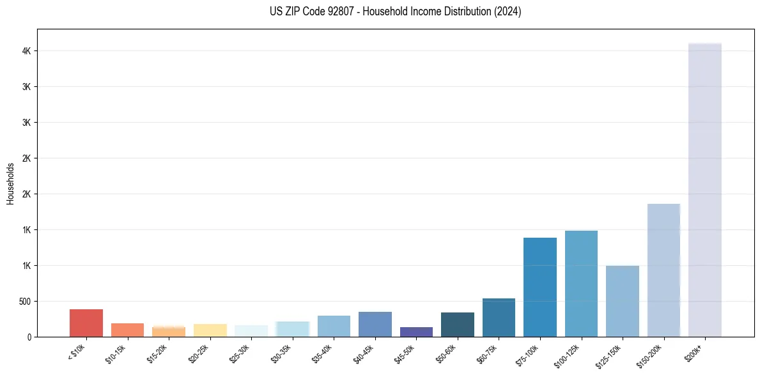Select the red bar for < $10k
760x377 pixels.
86,323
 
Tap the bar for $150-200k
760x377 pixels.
663,270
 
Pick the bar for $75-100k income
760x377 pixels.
539,287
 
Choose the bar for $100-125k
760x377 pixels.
581,284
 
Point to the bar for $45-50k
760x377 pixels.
416,332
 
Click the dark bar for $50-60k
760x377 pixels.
457,325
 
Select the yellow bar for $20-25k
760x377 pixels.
210,330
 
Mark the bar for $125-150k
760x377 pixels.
622,301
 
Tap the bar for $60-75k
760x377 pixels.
499,318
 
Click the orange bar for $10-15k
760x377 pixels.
127,330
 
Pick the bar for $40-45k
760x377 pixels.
375,324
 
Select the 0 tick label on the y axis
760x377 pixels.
29,337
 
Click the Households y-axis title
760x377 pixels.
10,183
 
